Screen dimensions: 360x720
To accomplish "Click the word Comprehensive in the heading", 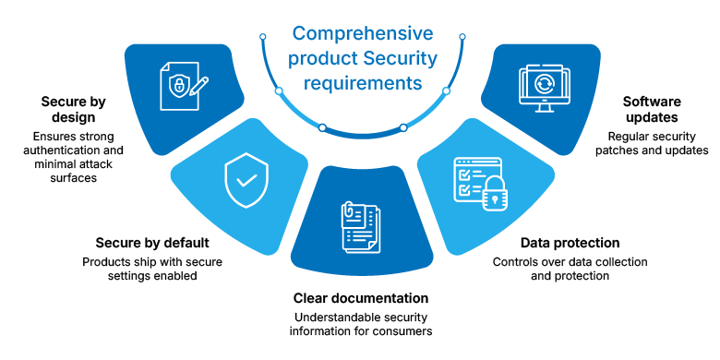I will tap(363, 35).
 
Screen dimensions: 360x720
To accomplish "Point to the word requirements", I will tap(363, 84).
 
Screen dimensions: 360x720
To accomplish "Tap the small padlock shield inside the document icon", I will tap(177, 86).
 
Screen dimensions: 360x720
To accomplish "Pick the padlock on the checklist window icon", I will tap(495, 196).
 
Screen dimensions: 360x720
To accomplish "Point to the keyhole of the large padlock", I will tap(495, 198).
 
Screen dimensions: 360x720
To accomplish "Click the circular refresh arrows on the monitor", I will tap(544, 84).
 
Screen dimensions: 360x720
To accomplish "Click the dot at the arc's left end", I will tap(263, 36).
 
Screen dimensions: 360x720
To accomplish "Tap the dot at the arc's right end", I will tap(462, 36).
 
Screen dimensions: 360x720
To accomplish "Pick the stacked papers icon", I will tap(360, 226).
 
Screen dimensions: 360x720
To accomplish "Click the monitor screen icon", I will tap(544, 88).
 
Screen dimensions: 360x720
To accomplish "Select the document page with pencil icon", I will tap(182, 86).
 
